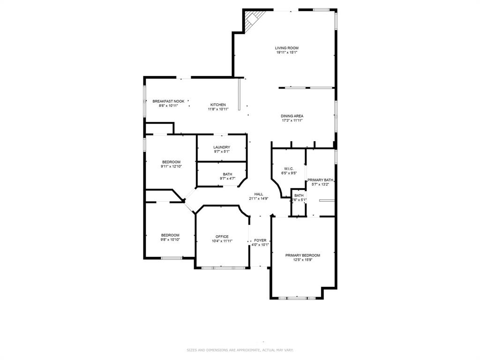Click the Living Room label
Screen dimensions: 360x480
coord(286,48)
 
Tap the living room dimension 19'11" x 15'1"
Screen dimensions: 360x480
coord(286,52)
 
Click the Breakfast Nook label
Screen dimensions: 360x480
coord(168,101)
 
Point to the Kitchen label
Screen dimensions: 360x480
coord(218,105)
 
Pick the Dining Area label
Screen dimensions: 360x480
coord(292,116)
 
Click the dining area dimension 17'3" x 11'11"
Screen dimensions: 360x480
coord(292,120)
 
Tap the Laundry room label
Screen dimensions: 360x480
coord(222,147)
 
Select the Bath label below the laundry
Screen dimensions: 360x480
coord(227,174)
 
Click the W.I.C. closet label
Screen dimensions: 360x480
coord(289,168)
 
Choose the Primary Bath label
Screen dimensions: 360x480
coord(321,180)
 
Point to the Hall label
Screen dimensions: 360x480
coord(259,194)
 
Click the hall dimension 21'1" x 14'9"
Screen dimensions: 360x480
coord(259,199)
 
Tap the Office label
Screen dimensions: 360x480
coord(222,237)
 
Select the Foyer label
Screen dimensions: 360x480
coord(260,240)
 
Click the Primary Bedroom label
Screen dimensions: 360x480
coord(303,255)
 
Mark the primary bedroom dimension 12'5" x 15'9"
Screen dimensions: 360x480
coord(303,260)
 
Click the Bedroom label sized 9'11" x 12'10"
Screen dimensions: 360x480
coord(171,162)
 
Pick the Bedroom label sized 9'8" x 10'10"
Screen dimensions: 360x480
coord(170,235)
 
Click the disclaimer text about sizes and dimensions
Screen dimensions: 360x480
coord(240,350)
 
